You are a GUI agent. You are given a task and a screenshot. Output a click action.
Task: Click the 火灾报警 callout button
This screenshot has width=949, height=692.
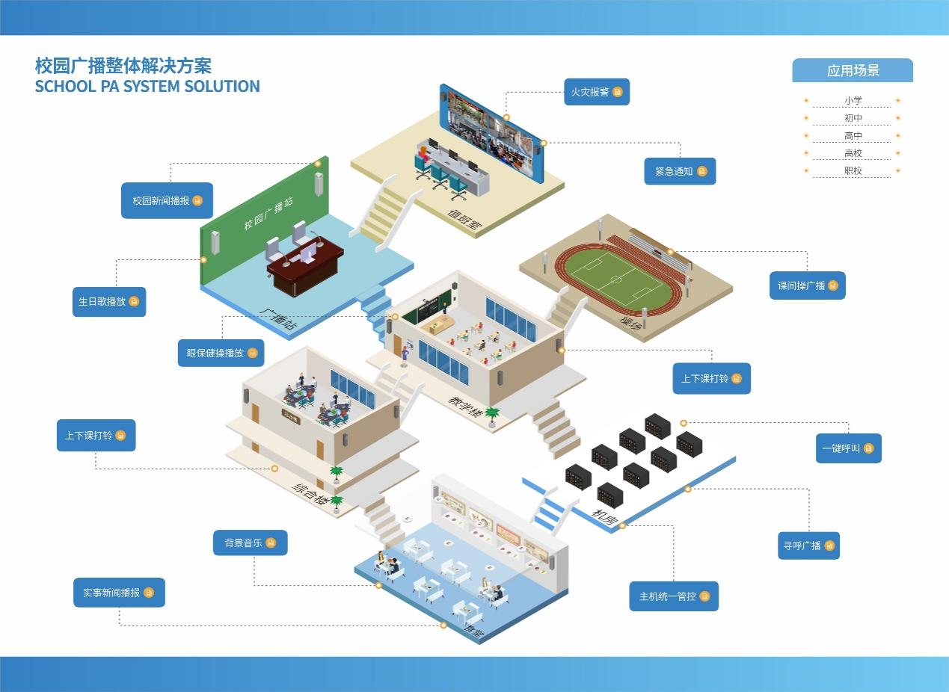[596, 92]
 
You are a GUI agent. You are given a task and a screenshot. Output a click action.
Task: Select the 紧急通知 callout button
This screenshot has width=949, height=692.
[680, 171]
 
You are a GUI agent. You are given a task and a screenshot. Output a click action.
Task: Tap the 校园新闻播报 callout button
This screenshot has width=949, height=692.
[167, 200]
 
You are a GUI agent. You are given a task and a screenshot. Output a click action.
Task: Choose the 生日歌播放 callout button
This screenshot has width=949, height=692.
[109, 301]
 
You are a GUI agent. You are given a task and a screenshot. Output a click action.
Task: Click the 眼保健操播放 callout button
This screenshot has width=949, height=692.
[221, 353]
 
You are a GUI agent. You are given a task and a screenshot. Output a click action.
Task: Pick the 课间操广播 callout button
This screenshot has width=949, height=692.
[807, 285]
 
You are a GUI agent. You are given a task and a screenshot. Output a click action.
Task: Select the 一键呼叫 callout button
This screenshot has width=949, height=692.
[848, 448]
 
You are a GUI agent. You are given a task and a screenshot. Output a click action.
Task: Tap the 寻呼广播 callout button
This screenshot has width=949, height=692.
[808, 546]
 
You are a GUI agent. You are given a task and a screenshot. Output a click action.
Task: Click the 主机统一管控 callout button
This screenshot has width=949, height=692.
[673, 596]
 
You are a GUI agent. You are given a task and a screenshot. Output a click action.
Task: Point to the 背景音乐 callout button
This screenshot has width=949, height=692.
[250, 543]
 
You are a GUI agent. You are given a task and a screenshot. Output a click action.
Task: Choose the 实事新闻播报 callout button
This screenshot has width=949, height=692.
[119, 593]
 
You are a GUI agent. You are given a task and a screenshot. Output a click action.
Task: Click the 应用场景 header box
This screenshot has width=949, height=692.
[853, 71]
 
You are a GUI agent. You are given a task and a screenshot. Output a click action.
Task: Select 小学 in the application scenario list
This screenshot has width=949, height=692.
[853, 100]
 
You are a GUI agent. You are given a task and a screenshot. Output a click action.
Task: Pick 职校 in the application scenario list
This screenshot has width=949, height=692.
[853, 170]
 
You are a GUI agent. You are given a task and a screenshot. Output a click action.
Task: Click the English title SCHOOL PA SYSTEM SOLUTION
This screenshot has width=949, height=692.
[147, 86]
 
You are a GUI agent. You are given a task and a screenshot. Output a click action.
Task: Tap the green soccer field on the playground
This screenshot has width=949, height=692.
[615, 279]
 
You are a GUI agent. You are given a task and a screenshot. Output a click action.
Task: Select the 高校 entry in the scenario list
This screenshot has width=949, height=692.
[853, 153]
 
